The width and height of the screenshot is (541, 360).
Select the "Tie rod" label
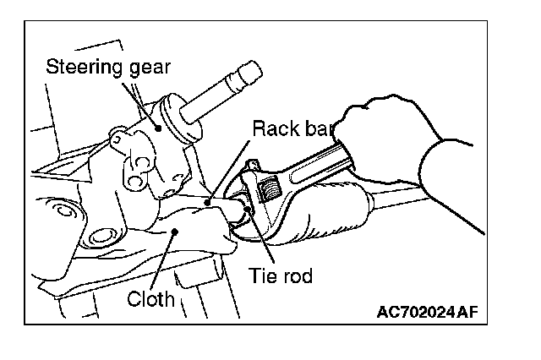pyautogui.click(x=281, y=276)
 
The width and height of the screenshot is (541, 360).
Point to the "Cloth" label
pyautogui.click(x=150, y=298)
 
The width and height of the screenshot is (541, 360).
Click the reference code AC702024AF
pyautogui.click(x=428, y=312)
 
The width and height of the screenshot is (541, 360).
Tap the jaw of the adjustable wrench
pyautogui.click(x=251, y=180)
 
